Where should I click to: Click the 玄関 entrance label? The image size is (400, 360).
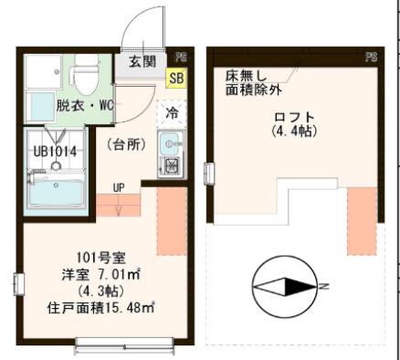(x=141, y=63)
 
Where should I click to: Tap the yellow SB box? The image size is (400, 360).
(x=175, y=79)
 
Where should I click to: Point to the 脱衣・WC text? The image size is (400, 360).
(x=84, y=104)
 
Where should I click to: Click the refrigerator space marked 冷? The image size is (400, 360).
(x=171, y=114)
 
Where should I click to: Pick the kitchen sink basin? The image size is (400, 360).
(x=170, y=144)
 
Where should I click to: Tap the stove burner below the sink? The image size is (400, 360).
(x=170, y=165)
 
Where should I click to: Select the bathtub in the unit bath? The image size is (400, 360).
(x=57, y=193)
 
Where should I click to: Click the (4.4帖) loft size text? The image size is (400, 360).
(x=293, y=132)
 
